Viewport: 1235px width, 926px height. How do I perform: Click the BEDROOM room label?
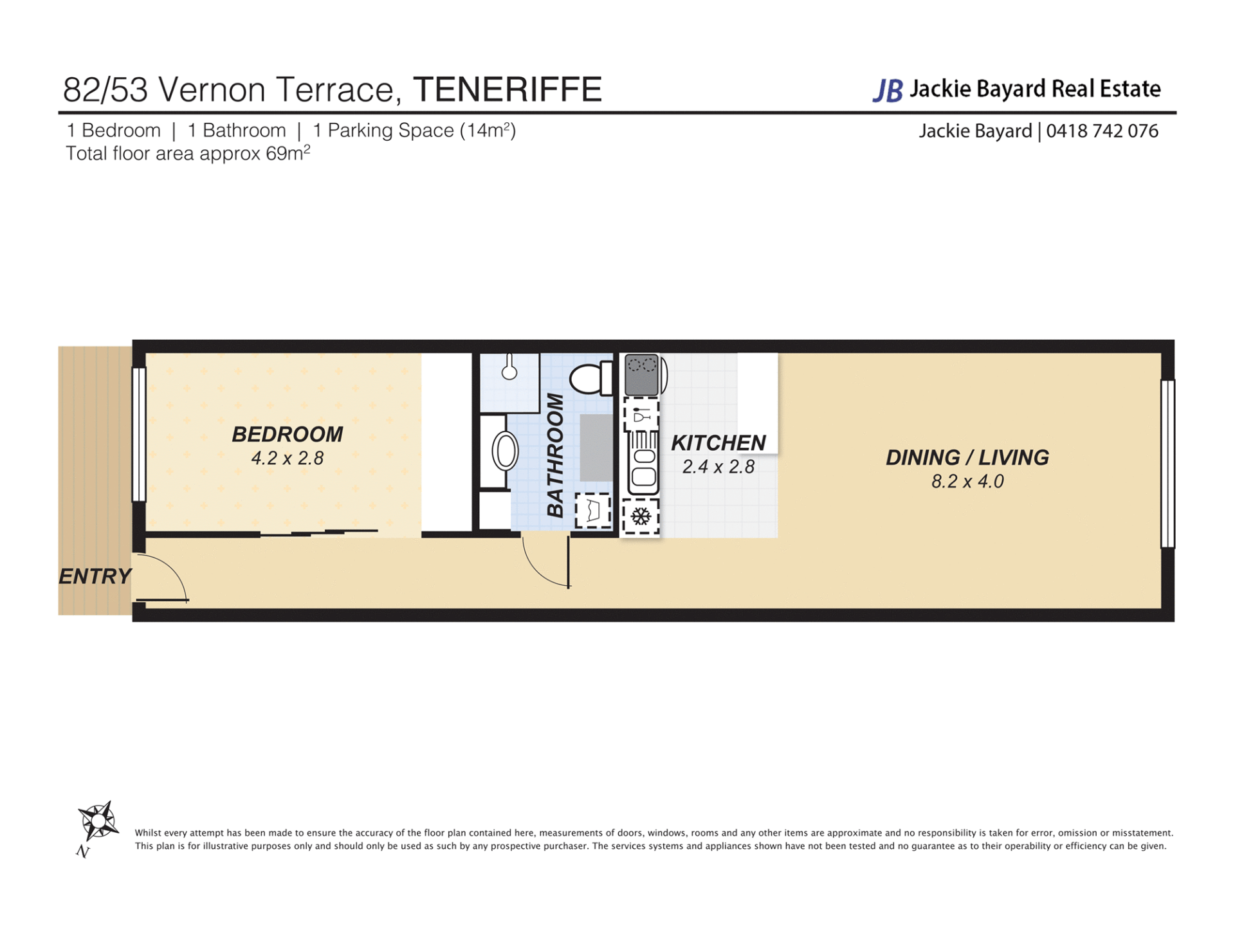(x=288, y=435)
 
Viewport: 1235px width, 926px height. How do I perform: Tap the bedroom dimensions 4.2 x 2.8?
(x=288, y=458)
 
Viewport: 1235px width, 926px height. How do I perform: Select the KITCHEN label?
(x=718, y=443)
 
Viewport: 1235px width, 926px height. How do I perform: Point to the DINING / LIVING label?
(x=967, y=458)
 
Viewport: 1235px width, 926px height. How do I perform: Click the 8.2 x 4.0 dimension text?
(x=967, y=482)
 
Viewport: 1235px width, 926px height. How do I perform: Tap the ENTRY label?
(x=95, y=576)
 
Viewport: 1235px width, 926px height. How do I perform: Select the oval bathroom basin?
(x=506, y=451)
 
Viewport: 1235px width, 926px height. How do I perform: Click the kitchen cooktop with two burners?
(x=642, y=374)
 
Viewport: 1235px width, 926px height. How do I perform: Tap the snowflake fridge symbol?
(x=641, y=516)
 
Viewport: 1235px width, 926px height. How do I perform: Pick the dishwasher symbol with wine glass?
(x=641, y=415)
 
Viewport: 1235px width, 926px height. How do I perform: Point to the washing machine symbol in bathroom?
(x=593, y=511)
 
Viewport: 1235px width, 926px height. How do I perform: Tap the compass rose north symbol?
(x=98, y=822)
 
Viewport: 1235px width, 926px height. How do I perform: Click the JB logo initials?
(x=888, y=91)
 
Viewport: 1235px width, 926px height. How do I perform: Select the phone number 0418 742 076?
(x=1102, y=131)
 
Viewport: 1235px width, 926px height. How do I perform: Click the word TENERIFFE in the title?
(x=508, y=89)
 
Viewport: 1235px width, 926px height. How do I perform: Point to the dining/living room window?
(x=1167, y=464)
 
